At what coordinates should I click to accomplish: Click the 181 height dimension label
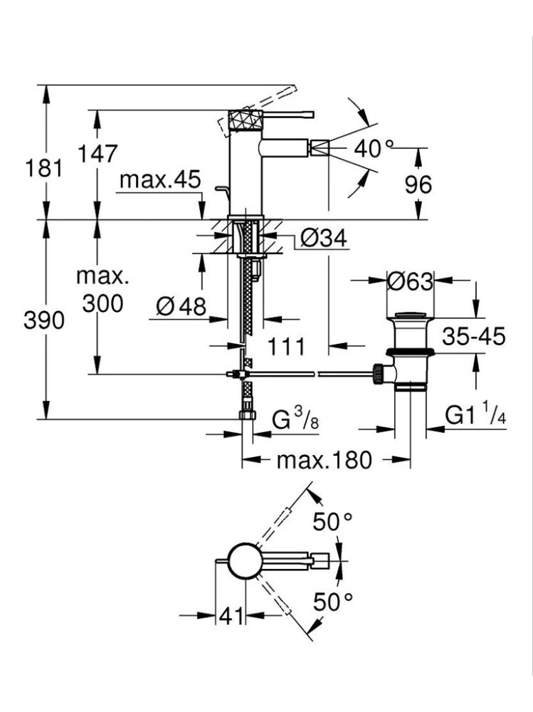(x=43, y=169)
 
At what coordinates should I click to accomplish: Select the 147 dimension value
(x=98, y=153)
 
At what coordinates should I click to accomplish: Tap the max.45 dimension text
(x=160, y=179)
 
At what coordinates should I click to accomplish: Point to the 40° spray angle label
(x=374, y=149)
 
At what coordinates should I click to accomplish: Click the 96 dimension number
(x=418, y=185)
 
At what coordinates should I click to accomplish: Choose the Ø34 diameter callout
(x=323, y=238)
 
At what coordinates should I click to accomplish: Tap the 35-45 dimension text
(x=473, y=337)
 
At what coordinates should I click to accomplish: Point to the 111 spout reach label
(x=286, y=347)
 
